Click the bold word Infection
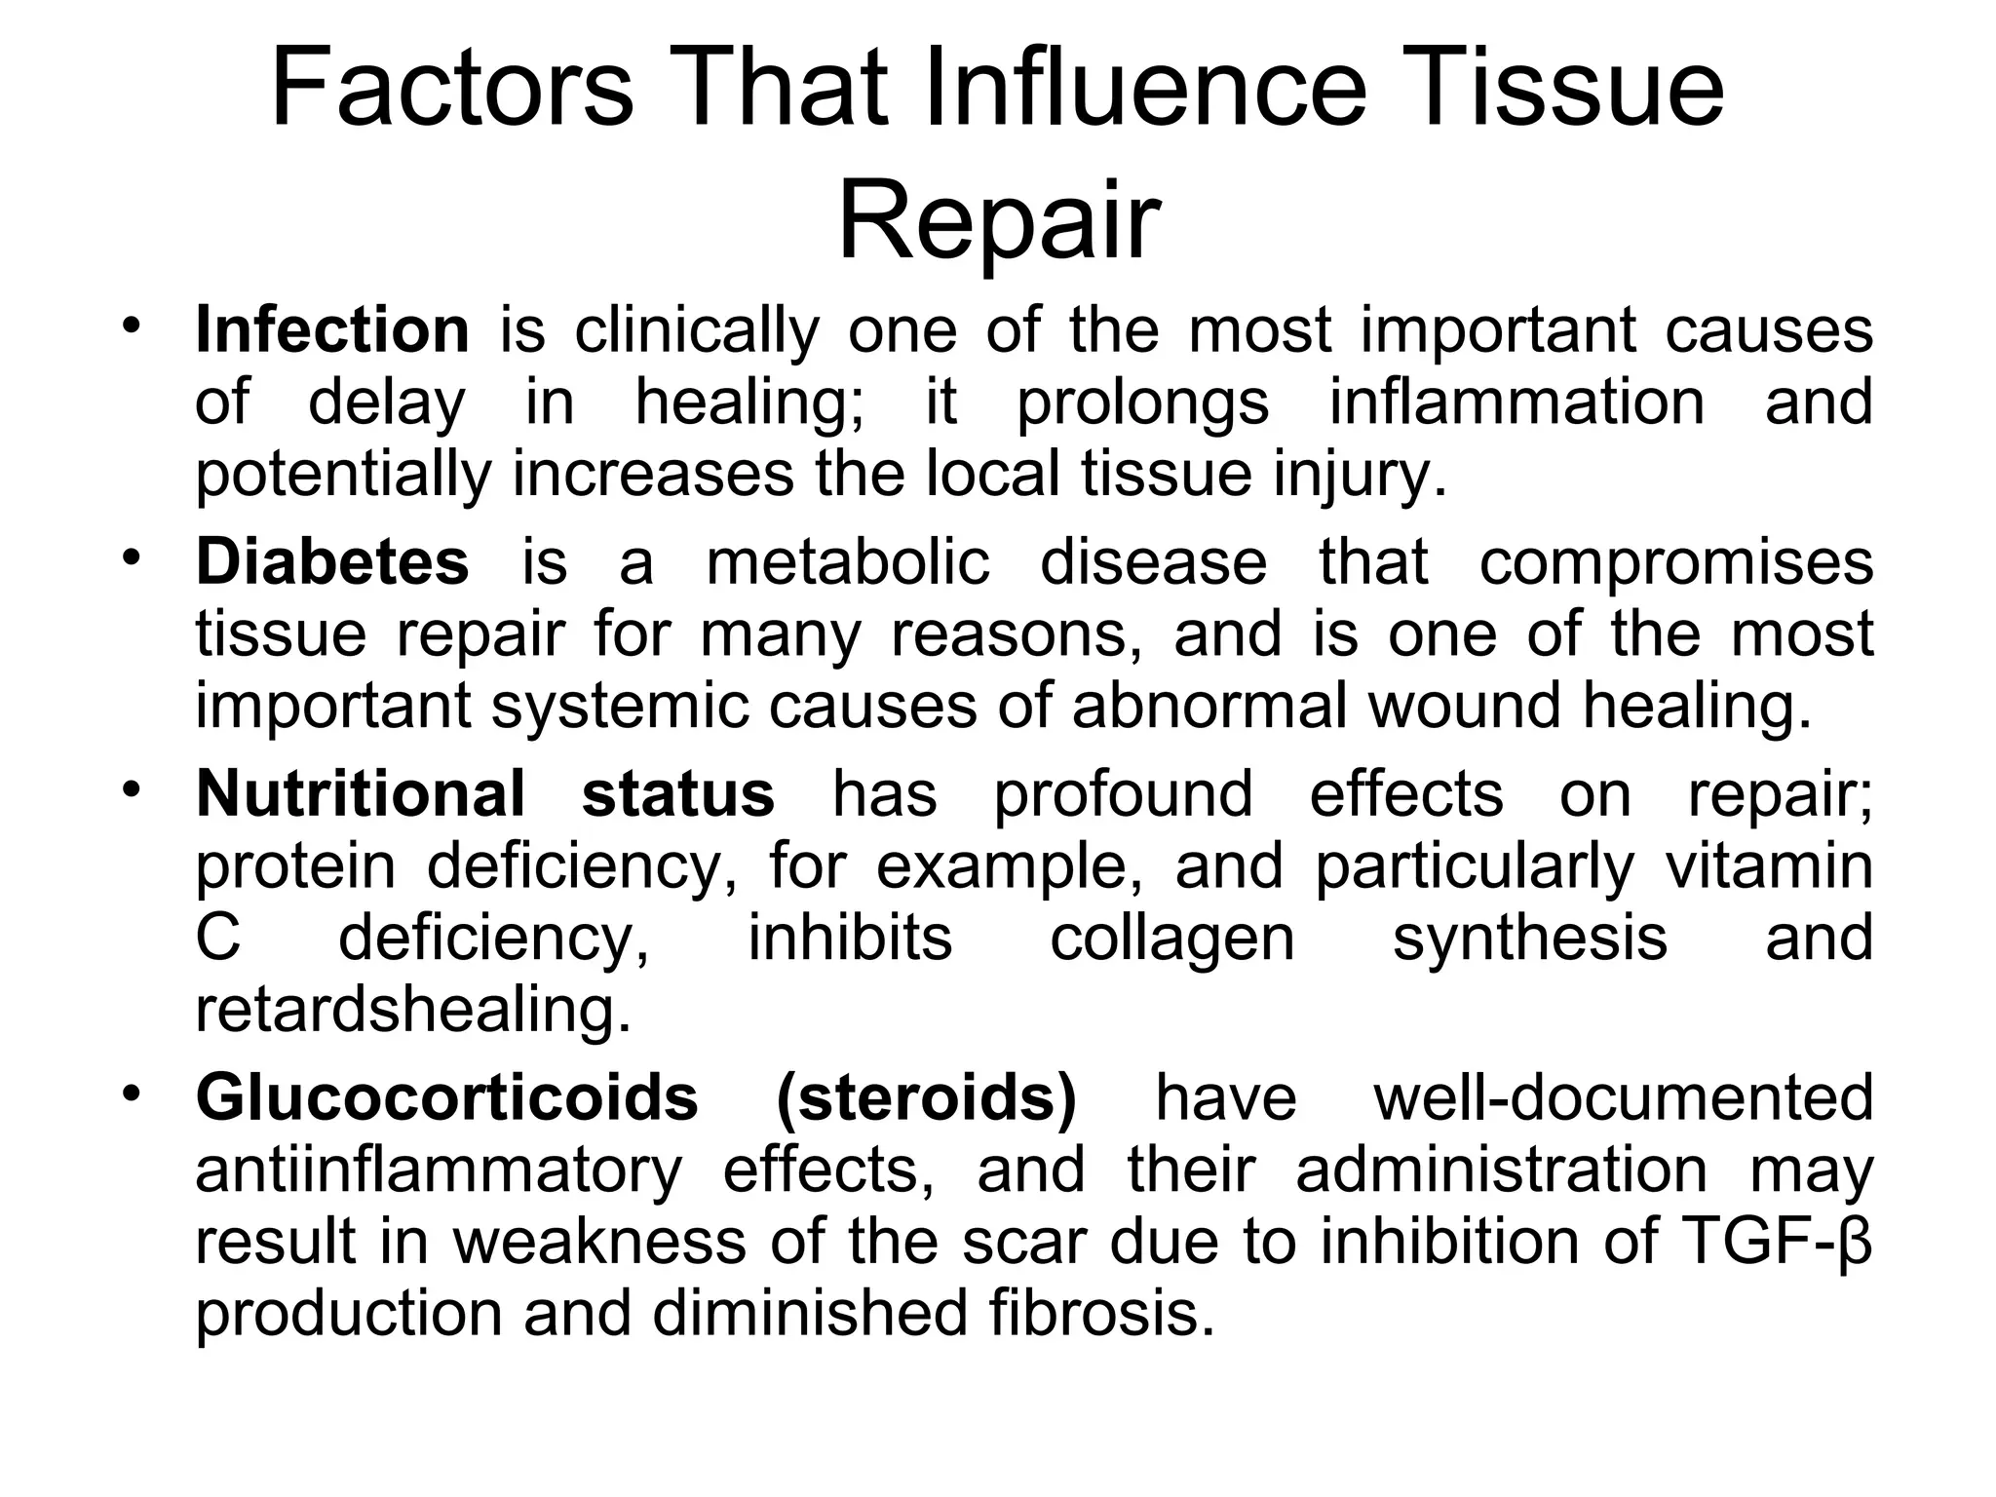coord(332,330)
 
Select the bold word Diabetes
coord(332,562)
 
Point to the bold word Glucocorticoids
coord(447,1097)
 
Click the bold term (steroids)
coord(927,1097)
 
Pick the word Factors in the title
coord(451,90)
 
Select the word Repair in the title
coord(999,221)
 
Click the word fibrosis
coord(1102,1314)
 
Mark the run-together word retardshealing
coord(413,1011)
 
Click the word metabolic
coord(848,562)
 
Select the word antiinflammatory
coord(439,1170)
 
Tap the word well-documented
coord(1624,1097)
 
